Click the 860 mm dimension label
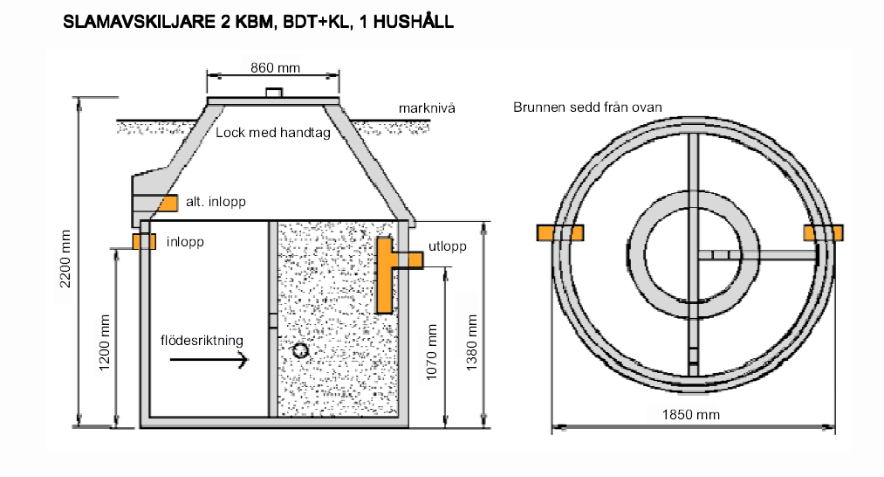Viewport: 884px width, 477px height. [x=272, y=66]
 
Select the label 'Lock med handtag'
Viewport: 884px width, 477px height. [x=272, y=135]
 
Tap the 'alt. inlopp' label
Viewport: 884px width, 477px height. [x=216, y=202]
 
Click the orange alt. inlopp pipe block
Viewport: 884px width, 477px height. [x=168, y=203]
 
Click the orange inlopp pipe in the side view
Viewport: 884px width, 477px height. [x=143, y=240]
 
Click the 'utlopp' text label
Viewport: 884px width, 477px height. [x=447, y=246]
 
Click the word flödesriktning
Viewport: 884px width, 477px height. [x=202, y=339]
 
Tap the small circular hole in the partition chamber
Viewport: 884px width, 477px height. [x=300, y=350]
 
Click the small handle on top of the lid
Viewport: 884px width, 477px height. [x=272, y=93]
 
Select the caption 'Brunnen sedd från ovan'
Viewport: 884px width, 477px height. [x=586, y=107]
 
